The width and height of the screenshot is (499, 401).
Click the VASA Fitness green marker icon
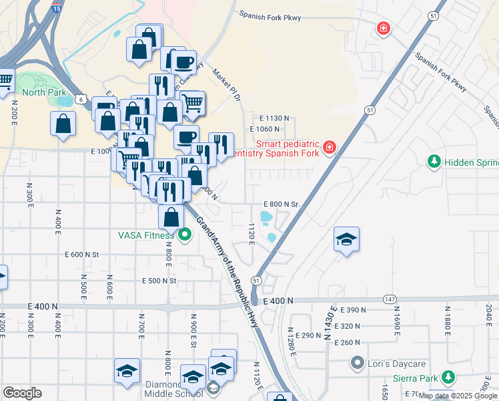tap(185, 235)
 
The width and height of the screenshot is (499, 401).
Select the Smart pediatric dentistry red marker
tap(329, 148)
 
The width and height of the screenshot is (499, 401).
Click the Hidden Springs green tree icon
tap(434, 162)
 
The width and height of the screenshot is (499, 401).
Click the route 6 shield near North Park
tap(80, 99)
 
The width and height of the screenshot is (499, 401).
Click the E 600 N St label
tap(81, 255)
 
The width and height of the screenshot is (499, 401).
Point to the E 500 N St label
tap(158, 281)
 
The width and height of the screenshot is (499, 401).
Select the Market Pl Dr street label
tap(225, 86)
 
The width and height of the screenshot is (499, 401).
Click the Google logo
tap(22, 393)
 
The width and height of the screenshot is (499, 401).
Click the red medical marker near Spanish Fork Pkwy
tap(383, 28)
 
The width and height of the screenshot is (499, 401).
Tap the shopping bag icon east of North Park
tap(63, 124)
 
